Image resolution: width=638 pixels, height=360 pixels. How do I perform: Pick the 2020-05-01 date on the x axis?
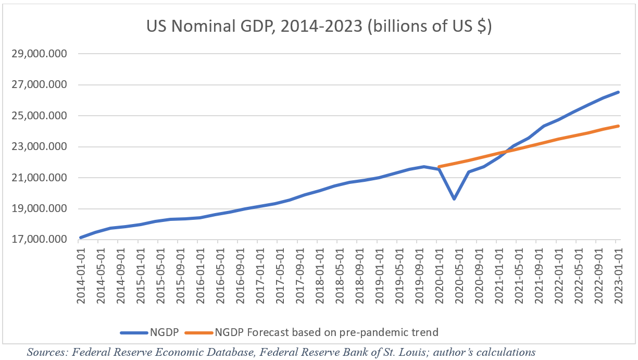457,271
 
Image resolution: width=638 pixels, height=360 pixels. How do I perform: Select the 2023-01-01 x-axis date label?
617,271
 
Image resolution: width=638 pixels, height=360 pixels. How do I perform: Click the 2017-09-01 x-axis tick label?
297,271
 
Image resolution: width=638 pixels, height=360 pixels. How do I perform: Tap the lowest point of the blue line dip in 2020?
454,199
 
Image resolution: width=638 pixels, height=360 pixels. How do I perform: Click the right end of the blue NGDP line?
618,92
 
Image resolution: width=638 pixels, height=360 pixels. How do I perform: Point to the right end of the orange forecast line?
618,126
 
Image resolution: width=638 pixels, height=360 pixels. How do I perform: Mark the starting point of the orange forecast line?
439,167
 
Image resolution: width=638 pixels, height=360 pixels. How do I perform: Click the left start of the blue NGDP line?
80,238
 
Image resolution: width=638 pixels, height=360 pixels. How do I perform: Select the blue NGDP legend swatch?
134,332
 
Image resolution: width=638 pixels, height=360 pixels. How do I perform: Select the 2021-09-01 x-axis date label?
537,271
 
